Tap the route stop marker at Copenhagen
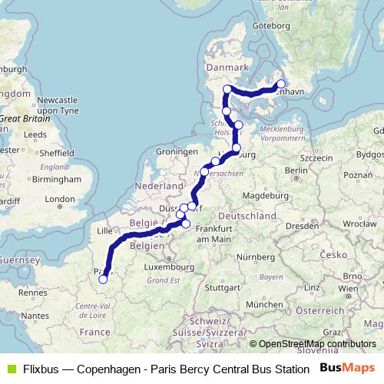pyautogui.click(x=281, y=84)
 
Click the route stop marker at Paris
pyautogui.click(x=103, y=280)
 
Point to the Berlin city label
pyautogui.click(x=296, y=170)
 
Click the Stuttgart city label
pyautogui.click(x=222, y=288)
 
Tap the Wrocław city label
pyautogui.click(x=359, y=224)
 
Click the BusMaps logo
pyautogui.click(x=349, y=368)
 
